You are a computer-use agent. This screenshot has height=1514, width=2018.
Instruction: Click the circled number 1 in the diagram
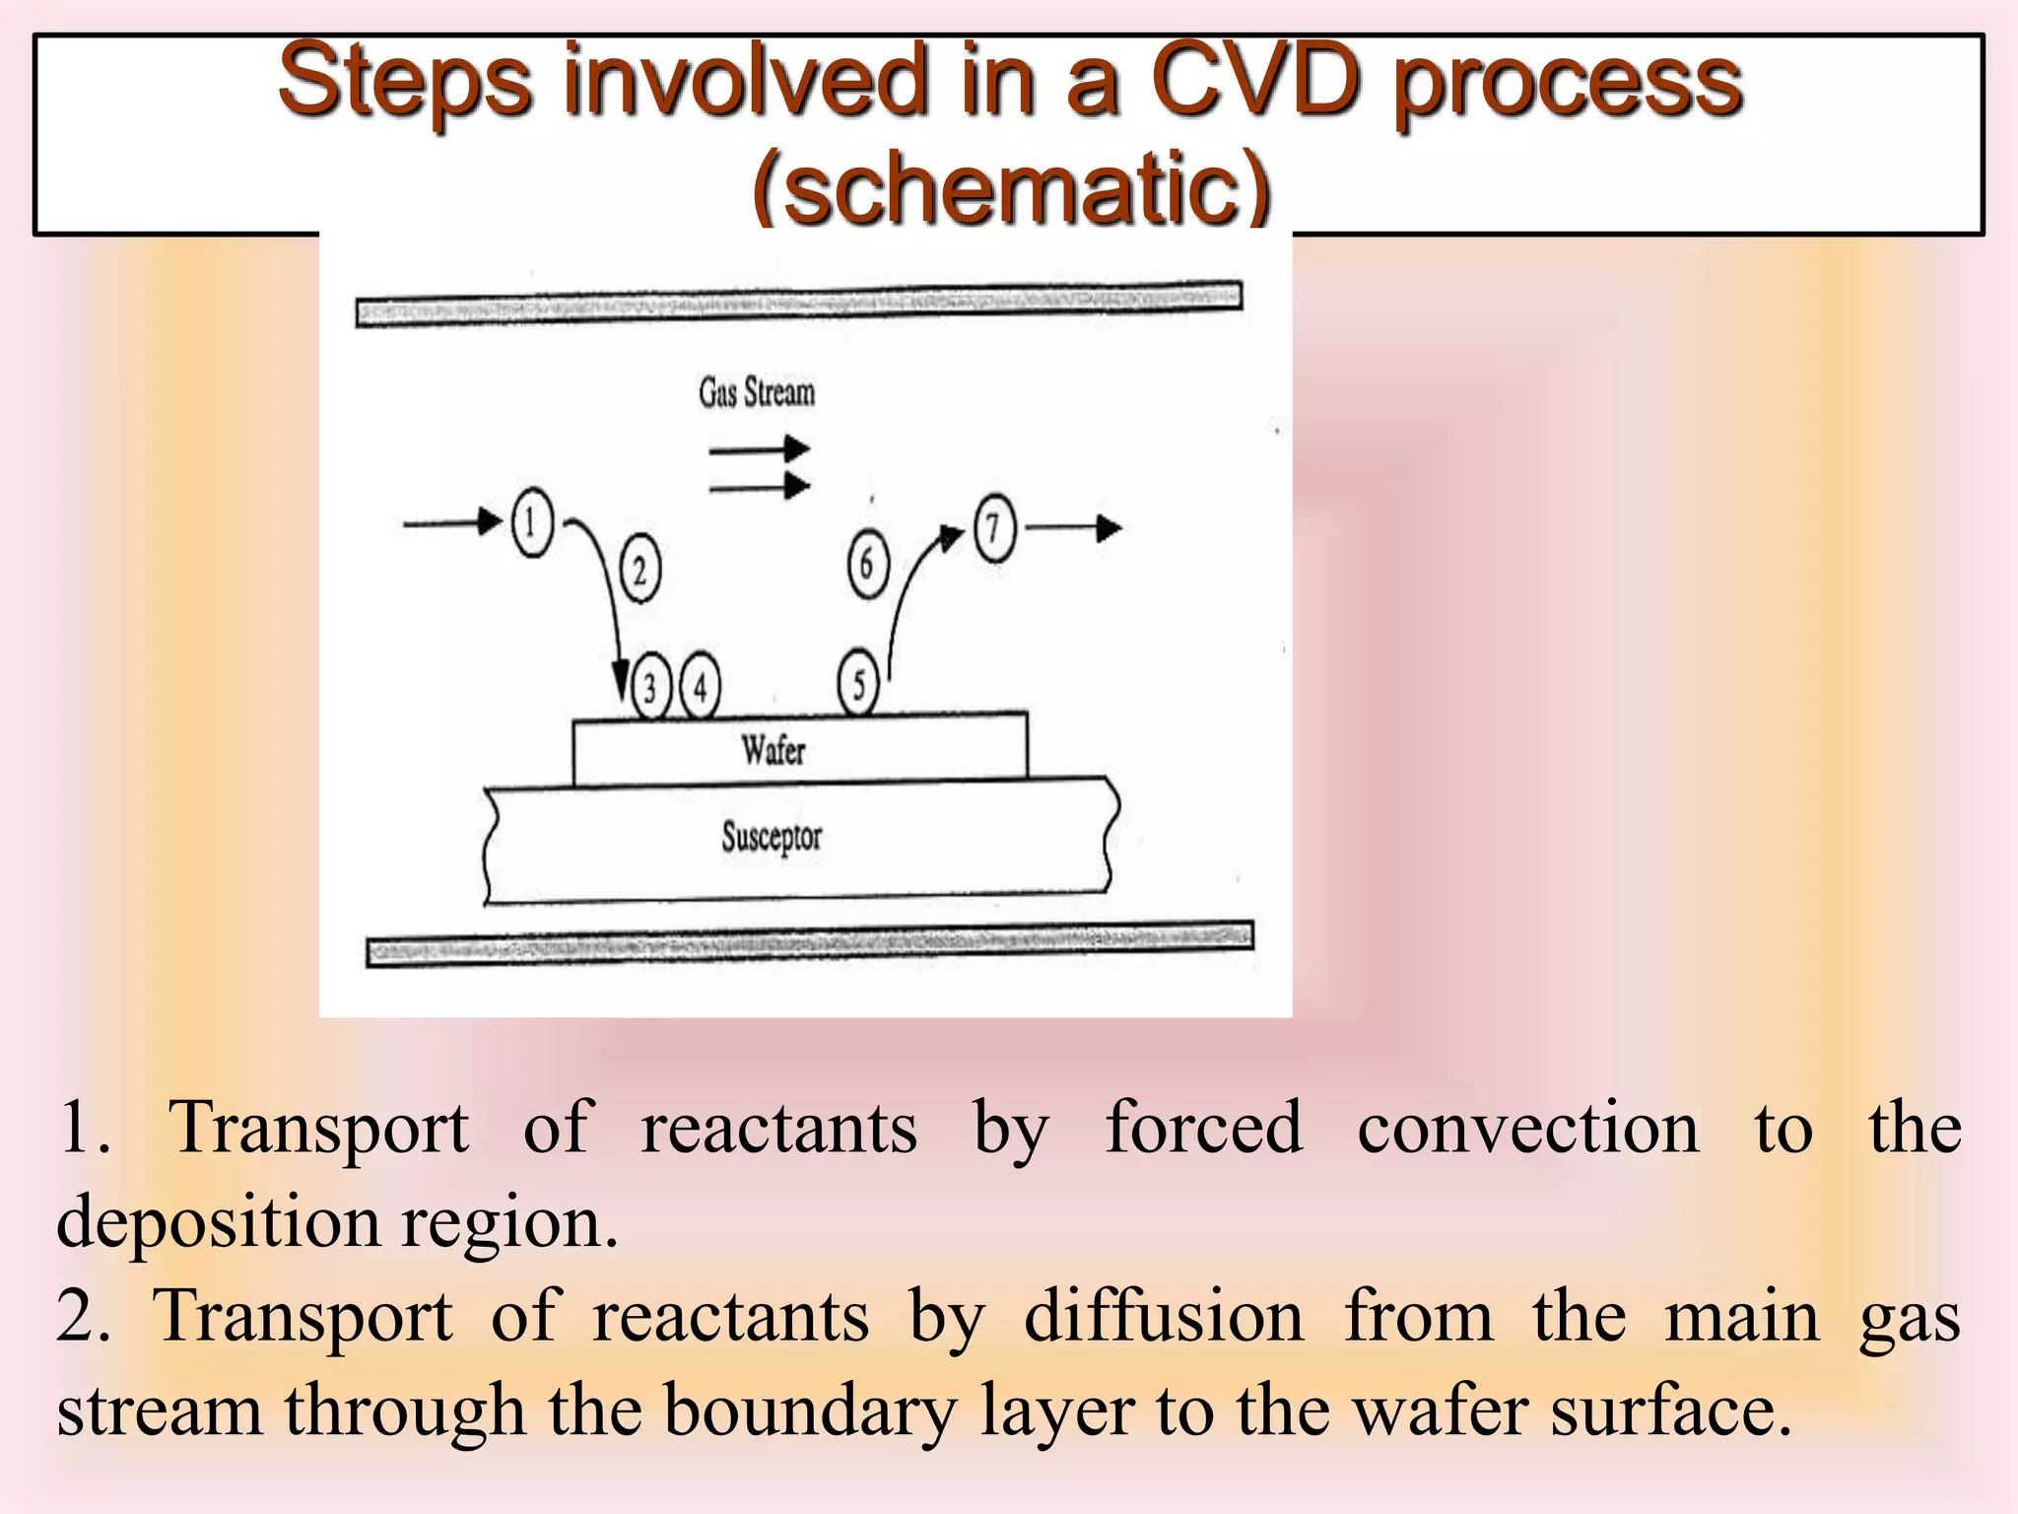pyautogui.click(x=532, y=522)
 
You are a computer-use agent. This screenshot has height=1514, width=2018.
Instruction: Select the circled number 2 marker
pyautogui.click(x=639, y=570)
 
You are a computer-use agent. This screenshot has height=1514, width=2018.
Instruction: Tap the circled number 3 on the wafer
pyautogui.click(x=650, y=686)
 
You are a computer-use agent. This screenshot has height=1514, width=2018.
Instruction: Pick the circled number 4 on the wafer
pyautogui.click(x=700, y=686)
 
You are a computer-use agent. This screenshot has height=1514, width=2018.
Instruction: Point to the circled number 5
pyautogui.click(x=858, y=683)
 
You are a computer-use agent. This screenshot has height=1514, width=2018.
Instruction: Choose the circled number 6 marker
pyautogui.click(x=867, y=564)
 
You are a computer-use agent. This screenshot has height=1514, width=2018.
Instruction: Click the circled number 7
pyautogui.click(x=994, y=528)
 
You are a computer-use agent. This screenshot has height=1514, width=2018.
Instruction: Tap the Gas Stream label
pyautogui.click(x=757, y=392)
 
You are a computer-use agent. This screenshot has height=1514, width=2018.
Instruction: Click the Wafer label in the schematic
pyautogui.click(x=774, y=750)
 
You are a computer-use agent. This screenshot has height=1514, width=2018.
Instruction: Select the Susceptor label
pyautogui.click(x=772, y=837)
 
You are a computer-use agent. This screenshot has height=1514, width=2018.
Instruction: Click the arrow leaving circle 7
pyautogui.click(x=1074, y=528)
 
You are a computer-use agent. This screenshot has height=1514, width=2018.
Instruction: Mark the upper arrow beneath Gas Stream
pyautogui.click(x=760, y=450)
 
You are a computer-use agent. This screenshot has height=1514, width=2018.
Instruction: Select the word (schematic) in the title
pyautogui.click(x=1011, y=187)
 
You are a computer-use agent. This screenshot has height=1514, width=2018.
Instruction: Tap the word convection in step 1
pyautogui.click(x=1528, y=1127)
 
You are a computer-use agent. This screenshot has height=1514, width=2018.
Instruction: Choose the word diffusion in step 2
pyautogui.click(x=1164, y=1316)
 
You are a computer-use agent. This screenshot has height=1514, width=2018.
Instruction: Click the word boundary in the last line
pyautogui.click(x=809, y=1410)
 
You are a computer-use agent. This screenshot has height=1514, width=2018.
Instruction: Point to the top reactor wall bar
pyautogui.click(x=799, y=303)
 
